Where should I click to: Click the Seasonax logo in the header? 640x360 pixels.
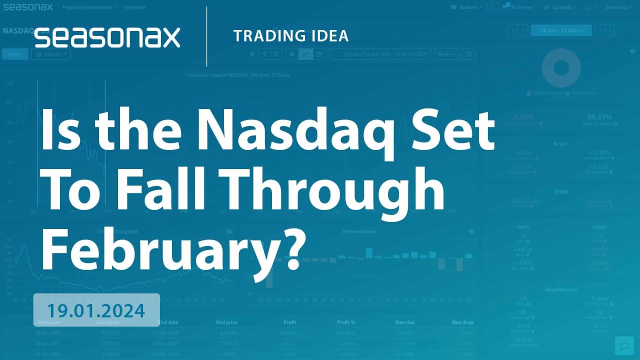click(107, 37)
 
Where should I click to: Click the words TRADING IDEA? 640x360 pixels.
click(290, 36)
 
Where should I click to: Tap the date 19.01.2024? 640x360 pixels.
click(96, 310)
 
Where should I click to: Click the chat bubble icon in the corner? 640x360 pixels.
click(624, 345)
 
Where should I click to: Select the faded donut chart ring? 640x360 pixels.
click(561, 67)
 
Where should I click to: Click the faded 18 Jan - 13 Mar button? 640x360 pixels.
click(561, 30)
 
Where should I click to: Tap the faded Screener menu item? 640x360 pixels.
click(134, 7)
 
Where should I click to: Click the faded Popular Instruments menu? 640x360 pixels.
click(89, 7)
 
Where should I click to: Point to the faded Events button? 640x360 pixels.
click(14, 54)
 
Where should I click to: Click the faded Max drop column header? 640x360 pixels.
click(461, 322)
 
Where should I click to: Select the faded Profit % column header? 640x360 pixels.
click(346, 322)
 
